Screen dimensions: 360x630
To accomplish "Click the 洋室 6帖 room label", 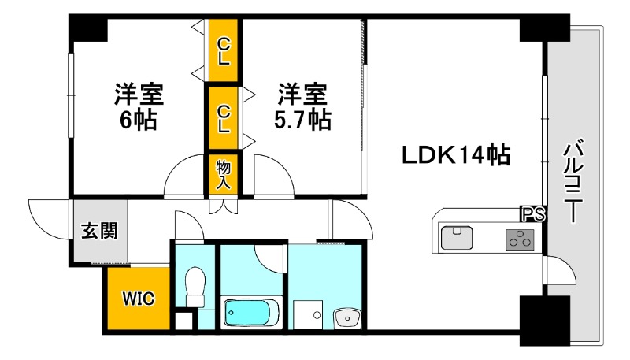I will tap(139, 107).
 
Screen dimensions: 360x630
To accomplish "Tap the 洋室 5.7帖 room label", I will tap(302, 107).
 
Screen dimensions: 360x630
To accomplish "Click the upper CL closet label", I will tap(224, 50).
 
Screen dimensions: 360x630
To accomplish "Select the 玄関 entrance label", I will tap(100, 231).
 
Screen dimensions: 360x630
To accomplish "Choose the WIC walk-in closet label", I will tap(139, 298).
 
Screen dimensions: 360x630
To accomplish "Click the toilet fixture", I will tap(194, 288).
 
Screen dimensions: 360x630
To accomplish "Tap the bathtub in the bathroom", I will tap(250, 313).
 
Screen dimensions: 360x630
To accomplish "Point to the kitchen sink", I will tap(455, 237).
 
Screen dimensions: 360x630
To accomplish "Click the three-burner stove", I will tap(519, 239).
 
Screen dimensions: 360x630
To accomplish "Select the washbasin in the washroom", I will tap(346, 317).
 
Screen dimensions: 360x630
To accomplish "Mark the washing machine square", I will tap(309, 314).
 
